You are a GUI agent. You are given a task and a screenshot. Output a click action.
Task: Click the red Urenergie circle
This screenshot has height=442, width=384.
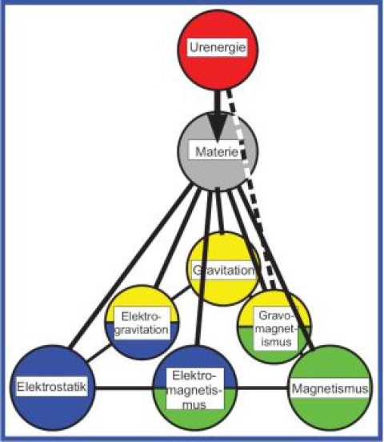pos(218,50)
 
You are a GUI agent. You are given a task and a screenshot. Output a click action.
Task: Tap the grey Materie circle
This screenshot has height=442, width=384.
pos(218,151)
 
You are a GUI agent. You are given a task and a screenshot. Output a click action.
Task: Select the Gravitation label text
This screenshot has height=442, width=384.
pos(224,270)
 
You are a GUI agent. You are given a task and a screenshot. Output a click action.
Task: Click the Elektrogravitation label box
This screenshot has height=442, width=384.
pos(142,323)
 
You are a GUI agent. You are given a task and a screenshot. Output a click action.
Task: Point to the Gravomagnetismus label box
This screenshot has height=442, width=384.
pos(276,328)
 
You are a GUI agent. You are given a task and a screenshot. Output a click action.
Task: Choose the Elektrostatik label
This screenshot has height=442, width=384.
pos(51,387)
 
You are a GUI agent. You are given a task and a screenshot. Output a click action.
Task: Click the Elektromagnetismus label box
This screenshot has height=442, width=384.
pos(194,388)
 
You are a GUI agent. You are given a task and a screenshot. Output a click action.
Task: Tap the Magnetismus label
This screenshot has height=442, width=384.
pos(330,388)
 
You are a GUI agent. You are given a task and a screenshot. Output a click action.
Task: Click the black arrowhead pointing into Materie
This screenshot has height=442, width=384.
pos(218,127)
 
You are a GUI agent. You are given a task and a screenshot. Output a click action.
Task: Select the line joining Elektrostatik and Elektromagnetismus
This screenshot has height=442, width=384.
pos(124,389)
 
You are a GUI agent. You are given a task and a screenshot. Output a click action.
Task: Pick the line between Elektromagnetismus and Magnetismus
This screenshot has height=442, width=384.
pos(262,389)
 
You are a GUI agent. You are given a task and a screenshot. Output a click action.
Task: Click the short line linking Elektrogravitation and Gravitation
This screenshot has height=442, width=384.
pos(181,292)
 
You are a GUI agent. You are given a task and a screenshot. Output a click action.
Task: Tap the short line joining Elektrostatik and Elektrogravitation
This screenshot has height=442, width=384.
pos(98,352)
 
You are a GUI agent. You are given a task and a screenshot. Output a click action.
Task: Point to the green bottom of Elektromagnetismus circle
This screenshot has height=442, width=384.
pos(195,417)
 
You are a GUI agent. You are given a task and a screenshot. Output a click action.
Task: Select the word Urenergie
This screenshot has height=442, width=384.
pos(218,46)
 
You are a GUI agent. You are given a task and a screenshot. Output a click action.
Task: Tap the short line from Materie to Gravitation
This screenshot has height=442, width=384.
pos(220,211)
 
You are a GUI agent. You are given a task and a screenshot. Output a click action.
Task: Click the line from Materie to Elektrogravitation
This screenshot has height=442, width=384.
pos(178,238)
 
